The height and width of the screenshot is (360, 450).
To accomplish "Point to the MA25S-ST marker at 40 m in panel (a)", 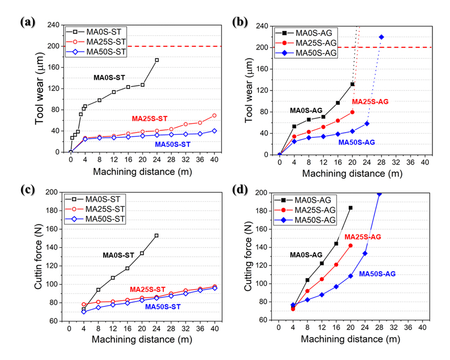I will (x=214, y=116).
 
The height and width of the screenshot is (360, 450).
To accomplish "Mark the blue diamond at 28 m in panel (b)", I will (x=381, y=37).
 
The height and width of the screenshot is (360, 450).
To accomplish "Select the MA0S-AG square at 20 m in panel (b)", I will (x=353, y=84).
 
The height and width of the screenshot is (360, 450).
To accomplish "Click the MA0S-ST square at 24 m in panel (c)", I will (x=156, y=235).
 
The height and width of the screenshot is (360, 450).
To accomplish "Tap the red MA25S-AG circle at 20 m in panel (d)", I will (x=350, y=246).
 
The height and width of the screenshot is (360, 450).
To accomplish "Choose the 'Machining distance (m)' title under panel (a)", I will (x=142, y=172).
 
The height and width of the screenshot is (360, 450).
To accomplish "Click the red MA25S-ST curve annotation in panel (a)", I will (x=150, y=119).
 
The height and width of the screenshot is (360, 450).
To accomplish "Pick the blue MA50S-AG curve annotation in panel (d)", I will (x=377, y=274).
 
